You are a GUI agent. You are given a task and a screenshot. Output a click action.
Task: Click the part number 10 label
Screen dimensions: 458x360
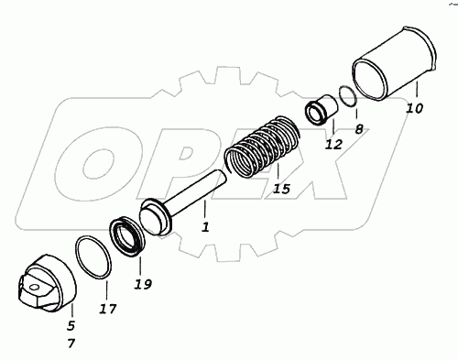coord(414,108)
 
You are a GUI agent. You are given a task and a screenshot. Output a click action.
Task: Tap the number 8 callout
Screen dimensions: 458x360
coord(359,129)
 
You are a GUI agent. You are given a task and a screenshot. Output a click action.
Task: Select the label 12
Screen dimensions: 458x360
coord(333,144)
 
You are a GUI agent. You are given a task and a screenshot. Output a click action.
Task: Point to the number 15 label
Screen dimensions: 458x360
coord(281,189)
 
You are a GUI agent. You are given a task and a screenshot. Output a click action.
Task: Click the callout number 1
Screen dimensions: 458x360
coord(205,227)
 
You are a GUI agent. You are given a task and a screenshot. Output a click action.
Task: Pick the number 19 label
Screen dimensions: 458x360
coord(143,285)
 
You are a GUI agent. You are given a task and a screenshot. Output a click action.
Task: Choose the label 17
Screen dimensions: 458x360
coord(108,309)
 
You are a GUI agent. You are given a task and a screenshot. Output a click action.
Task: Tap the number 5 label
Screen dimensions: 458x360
coord(71,326)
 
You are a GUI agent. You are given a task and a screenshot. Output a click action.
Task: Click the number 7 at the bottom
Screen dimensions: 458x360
coord(71,344)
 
